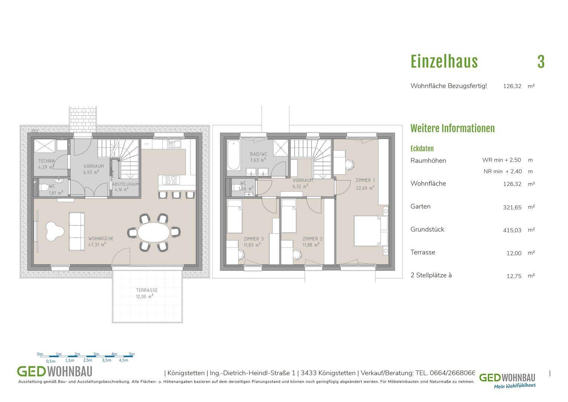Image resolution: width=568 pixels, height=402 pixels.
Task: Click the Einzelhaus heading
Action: (x=444, y=62)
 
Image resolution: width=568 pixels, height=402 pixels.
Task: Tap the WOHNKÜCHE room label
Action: (x=101, y=239)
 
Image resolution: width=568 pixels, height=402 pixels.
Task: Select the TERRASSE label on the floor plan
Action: (x=147, y=290)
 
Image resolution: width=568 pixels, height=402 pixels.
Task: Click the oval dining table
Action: (x=154, y=232)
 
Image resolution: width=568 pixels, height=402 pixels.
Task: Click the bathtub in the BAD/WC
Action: (x=234, y=156)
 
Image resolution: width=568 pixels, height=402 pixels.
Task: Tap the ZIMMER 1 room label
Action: (x=365, y=180)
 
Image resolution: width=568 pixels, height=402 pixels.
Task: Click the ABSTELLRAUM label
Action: (x=125, y=184)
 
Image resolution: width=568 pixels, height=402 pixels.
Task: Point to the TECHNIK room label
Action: (x=46, y=161)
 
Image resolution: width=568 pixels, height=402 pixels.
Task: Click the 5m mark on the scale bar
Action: (x=132, y=354)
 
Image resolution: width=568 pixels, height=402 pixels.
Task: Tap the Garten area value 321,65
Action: (x=512, y=207)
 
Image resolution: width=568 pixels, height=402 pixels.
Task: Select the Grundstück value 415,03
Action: (x=512, y=230)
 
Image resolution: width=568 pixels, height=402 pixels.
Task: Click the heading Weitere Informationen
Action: (x=452, y=128)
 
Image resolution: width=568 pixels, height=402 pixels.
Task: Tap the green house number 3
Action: (x=541, y=62)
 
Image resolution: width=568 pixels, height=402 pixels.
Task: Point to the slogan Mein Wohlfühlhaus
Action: (x=515, y=386)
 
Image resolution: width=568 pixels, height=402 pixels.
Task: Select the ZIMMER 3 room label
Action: (x=254, y=239)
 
